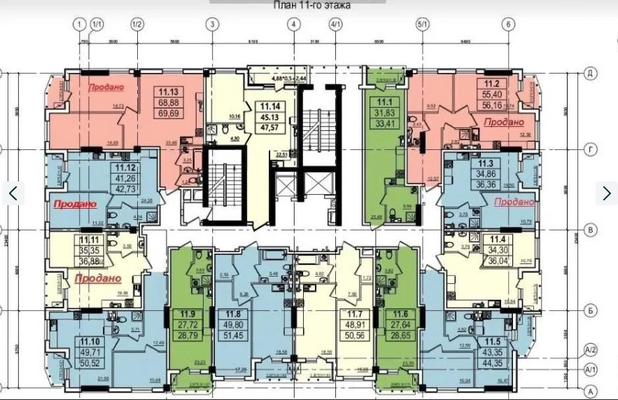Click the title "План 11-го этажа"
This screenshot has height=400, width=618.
click(311, 6)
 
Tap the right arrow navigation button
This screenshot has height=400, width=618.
click(606, 193)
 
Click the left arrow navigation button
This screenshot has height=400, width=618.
click(13, 193)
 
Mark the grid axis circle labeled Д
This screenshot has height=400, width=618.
click(590, 73)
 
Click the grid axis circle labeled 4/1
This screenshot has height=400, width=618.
click(335, 25)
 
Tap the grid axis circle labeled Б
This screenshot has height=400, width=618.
click(590, 309)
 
